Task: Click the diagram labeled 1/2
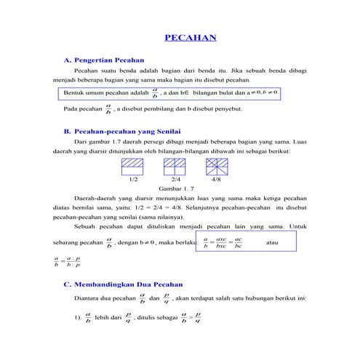(x=133, y=166)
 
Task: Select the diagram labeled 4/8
(x=216, y=166)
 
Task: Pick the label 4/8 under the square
(x=216, y=178)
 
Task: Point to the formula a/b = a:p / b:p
(x=68, y=261)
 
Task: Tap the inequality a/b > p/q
(x=187, y=318)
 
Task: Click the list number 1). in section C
(x=77, y=318)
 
